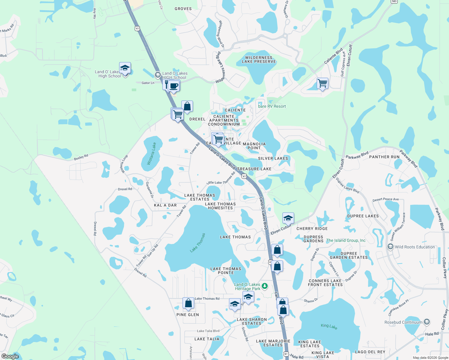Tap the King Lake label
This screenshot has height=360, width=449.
coord(329,326)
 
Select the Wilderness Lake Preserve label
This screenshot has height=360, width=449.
coord(259,59)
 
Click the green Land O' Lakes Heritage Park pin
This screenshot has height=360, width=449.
coord(264,286)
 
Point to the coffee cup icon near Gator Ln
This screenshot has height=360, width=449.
coord(174,86)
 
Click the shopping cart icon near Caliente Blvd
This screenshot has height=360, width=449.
coord(322,83)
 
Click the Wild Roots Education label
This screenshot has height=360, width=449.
coord(415,247)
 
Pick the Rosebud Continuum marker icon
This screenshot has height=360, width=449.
coord(427,322)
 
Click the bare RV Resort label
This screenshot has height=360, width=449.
coord(272,106)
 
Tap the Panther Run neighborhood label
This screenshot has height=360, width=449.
coord(384,157)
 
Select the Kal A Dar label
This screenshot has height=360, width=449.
coord(165,205)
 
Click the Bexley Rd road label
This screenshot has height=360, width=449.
coord(81,157)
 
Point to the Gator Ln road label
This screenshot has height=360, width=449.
coord(148,83)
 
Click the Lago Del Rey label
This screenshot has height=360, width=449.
coord(370,352)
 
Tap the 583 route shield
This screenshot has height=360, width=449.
coord(394,1)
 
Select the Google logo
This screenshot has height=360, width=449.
coord(10,356)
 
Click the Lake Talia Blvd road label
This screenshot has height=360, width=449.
coord(208,331)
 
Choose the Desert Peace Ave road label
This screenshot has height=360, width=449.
coord(385,199)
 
